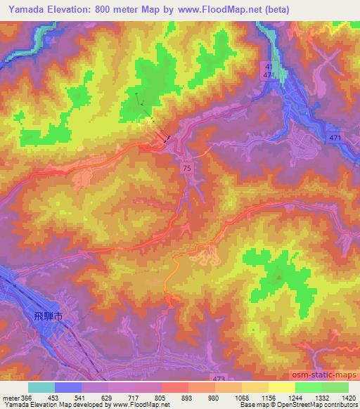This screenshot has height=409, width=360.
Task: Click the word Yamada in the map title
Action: [25, 9]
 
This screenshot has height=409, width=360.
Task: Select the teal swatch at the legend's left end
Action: [41, 387]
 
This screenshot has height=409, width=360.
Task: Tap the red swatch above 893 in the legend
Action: [174, 387]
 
